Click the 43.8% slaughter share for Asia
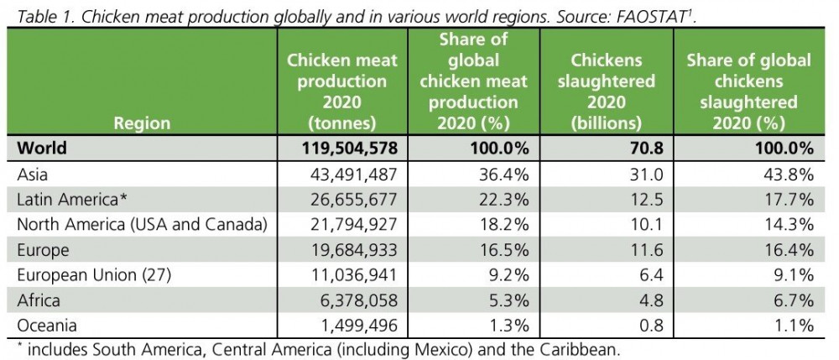(x=788, y=175)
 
